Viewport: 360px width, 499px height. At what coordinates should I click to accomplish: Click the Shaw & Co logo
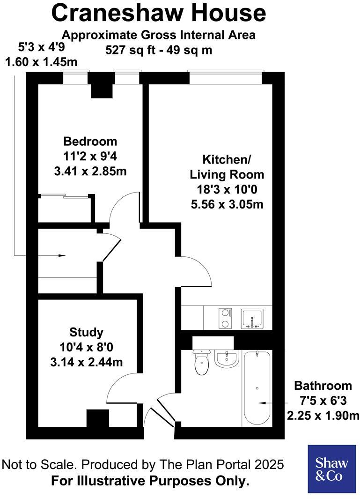(x=331, y=469)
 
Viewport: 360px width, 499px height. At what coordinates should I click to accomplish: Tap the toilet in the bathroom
(x=202, y=363)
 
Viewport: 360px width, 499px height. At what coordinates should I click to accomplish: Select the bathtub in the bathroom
(x=256, y=388)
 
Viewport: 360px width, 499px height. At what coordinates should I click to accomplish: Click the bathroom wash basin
(x=227, y=359)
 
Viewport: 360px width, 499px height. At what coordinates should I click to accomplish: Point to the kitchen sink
(x=252, y=319)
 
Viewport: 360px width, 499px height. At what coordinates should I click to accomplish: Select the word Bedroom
(x=90, y=141)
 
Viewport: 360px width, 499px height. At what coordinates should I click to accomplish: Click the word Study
(x=86, y=332)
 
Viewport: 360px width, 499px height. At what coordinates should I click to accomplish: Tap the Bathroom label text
(x=323, y=386)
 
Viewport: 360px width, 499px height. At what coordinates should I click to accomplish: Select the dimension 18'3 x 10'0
(x=227, y=190)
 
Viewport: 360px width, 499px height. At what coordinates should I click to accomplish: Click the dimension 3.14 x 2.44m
(x=86, y=362)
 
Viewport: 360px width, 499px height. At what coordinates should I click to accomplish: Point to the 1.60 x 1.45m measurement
(x=41, y=62)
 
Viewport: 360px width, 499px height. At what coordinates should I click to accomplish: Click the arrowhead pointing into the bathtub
(x=262, y=402)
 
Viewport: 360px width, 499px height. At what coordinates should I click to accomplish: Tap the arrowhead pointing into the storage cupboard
(x=62, y=255)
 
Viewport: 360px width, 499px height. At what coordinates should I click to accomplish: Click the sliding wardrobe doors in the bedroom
(x=64, y=196)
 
